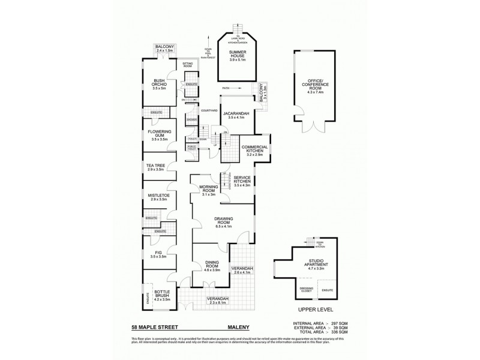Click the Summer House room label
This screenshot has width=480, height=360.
pyautogui.click(x=238, y=55)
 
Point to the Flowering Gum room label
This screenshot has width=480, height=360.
pyautogui.click(x=159, y=133)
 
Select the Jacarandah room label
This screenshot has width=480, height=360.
pyautogui.click(x=236, y=114)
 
